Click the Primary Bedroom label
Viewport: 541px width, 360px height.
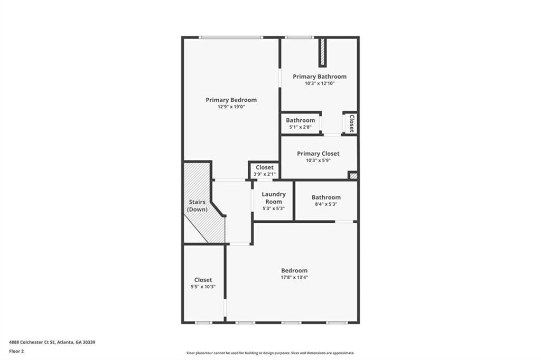point(231,100)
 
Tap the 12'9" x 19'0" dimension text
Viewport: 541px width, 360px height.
point(231,107)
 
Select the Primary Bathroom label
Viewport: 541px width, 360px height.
point(320,77)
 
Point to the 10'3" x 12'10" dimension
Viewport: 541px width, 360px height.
point(320,83)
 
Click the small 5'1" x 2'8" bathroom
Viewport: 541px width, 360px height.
point(300,124)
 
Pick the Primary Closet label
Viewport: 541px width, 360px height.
point(318,154)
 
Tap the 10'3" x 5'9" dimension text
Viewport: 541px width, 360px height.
point(318,160)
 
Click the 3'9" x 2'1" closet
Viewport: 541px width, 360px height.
point(264,170)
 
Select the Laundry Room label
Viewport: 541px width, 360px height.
point(274,198)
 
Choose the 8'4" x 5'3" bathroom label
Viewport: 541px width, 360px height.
point(326,201)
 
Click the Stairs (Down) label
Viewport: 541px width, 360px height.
point(198,206)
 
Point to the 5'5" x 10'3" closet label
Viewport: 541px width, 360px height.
point(203,283)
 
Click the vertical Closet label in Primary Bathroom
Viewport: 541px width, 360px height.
point(351,124)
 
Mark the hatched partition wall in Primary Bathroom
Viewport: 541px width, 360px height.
point(322,52)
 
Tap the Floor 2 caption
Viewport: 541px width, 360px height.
point(16,351)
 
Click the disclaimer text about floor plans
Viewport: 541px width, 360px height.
point(270,353)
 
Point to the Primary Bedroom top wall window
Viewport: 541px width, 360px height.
point(230,37)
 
